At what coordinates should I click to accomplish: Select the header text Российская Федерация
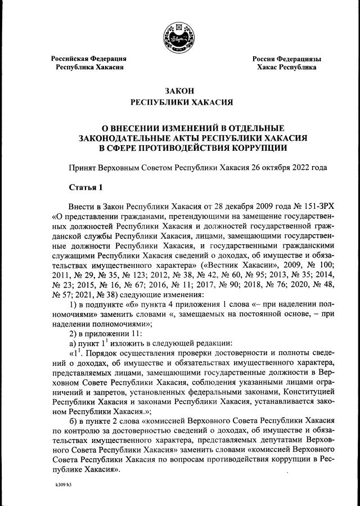coord(89,59)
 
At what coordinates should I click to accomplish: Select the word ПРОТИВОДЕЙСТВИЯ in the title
coord(176,148)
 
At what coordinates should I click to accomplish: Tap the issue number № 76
coord(271,284)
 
